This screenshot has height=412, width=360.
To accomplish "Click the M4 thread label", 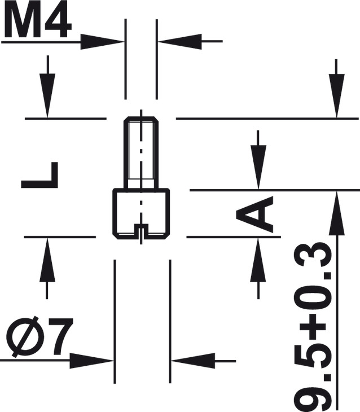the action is click(38, 21).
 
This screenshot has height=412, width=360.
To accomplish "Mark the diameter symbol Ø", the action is click(23, 339).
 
